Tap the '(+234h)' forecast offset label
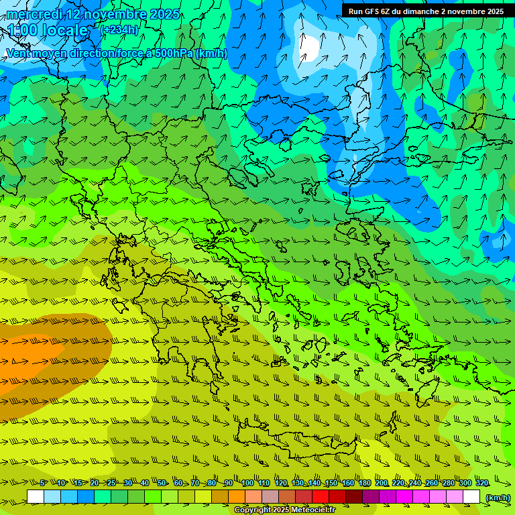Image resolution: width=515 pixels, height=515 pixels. (x=119, y=30)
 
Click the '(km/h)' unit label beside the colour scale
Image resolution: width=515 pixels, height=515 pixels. (x=498, y=497)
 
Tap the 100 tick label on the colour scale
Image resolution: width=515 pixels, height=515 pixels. (x=247, y=483)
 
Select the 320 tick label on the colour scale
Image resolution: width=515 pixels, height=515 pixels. (x=481, y=483)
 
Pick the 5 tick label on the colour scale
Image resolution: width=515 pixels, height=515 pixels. (x=44, y=483)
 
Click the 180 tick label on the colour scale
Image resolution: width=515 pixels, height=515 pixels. (x=365, y=483)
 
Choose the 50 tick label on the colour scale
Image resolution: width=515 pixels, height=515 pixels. (x=162, y=483)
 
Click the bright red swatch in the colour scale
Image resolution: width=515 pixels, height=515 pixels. (x=321, y=497)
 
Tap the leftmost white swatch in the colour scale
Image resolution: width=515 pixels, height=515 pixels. (x=36, y=497)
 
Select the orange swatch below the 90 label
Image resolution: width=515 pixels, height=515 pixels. (x=237, y=497)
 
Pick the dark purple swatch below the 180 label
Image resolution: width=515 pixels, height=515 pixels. (x=371, y=497)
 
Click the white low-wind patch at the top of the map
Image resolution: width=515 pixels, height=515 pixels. (x=310, y=46)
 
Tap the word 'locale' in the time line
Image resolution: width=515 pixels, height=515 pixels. (x=65, y=30)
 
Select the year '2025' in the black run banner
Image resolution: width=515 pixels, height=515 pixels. (x=494, y=11)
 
